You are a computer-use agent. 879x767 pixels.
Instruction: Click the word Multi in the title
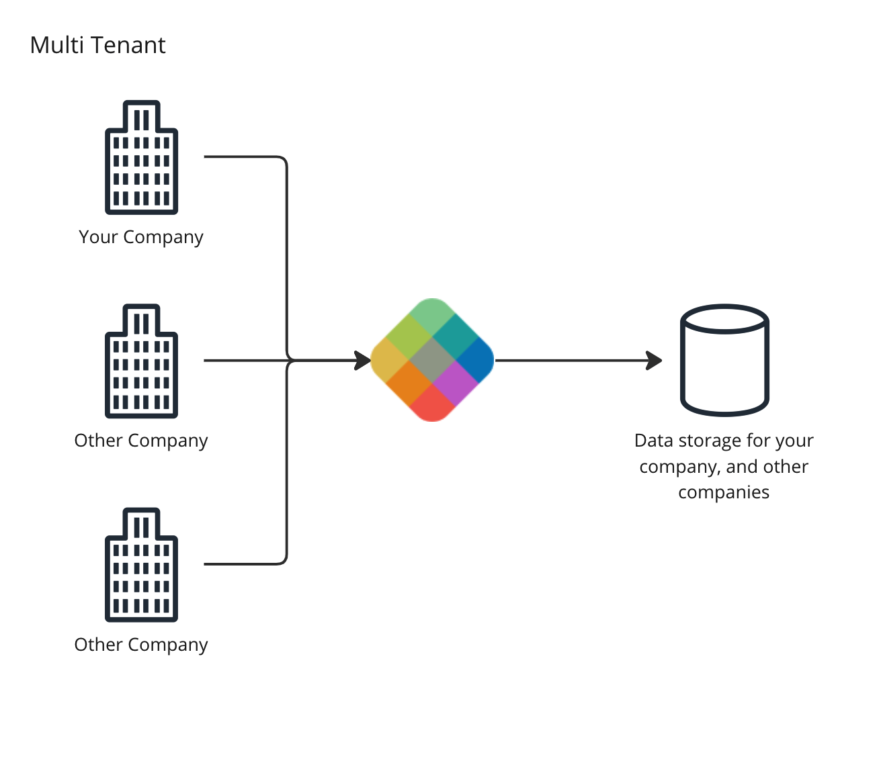(x=56, y=45)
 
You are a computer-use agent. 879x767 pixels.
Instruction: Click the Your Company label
(x=140, y=237)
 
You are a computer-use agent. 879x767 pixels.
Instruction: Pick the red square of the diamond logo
(x=432, y=406)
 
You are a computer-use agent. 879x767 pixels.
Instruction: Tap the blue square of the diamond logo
(x=477, y=360)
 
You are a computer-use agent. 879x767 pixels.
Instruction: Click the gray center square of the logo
(x=432, y=361)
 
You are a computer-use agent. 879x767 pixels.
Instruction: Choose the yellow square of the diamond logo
(x=388, y=361)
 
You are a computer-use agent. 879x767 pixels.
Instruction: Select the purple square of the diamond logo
(x=455, y=383)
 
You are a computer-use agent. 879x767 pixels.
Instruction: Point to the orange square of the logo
(x=409, y=383)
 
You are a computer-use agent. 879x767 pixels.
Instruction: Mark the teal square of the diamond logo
(x=455, y=338)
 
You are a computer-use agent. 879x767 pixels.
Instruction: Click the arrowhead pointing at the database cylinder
(x=654, y=361)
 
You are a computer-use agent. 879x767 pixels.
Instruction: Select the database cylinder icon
(x=724, y=363)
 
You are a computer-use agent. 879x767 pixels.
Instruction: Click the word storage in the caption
(x=709, y=441)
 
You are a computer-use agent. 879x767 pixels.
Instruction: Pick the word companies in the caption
(x=724, y=492)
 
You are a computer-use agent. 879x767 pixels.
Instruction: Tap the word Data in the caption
(x=653, y=441)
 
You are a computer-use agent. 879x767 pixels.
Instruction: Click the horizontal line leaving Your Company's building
(x=242, y=157)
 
